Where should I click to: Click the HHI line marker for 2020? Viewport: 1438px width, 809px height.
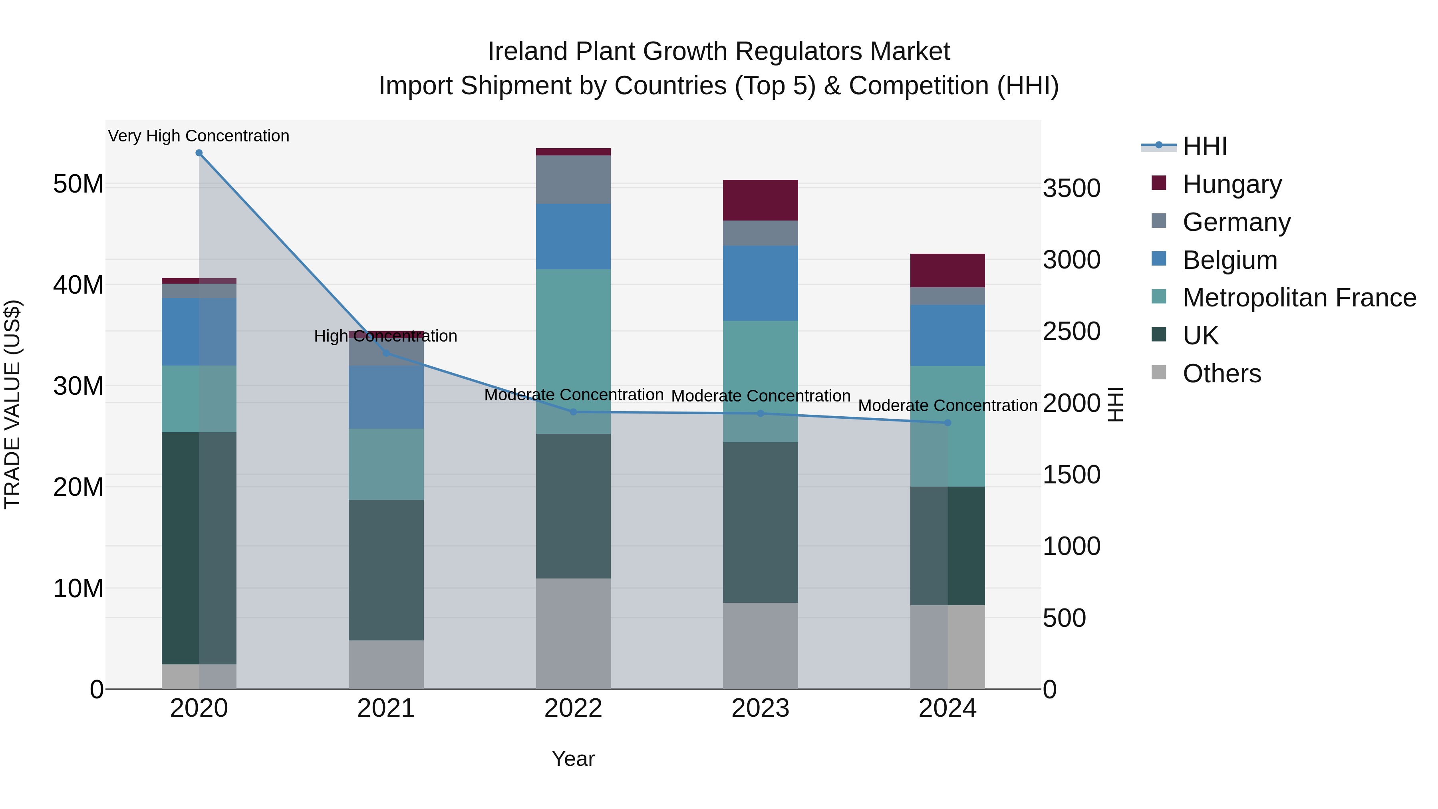pyautogui.click(x=199, y=153)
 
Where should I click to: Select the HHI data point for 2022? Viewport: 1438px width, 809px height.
pyautogui.click(x=573, y=412)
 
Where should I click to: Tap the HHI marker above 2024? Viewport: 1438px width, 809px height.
pyautogui.click(x=947, y=423)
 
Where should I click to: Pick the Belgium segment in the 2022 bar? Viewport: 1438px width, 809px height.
pyautogui.click(x=573, y=237)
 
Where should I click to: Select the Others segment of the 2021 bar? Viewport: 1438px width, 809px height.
pyautogui.click(x=386, y=664)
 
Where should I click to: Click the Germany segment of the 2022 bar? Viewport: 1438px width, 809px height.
pyautogui.click(x=573, y=179)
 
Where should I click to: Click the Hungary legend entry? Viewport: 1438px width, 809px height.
pyautogui.click(x=1232, y=184)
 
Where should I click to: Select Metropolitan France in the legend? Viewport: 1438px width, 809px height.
pyautogui.click(x=1299, y=298)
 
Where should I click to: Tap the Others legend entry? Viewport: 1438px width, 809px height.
pyautogui.click(x=1222, y=374)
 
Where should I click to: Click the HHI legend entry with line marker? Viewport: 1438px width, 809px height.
pyautogui.click(x=1205, y=146)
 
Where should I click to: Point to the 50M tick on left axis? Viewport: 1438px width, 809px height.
pyautogui.click(x=79, y=184)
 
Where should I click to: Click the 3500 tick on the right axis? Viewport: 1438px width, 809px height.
pyautogui.click(x=1071, y=188)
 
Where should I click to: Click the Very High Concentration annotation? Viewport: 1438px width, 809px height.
pyautogui.click(x=199, y=136)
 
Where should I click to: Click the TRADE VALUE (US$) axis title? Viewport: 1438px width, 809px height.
pyautogui.click(x=13, y=404)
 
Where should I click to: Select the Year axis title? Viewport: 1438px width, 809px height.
pyautogui.click(x=573, y=759)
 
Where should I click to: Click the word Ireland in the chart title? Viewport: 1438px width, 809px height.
pyautogui.click(x=528, y=52)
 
